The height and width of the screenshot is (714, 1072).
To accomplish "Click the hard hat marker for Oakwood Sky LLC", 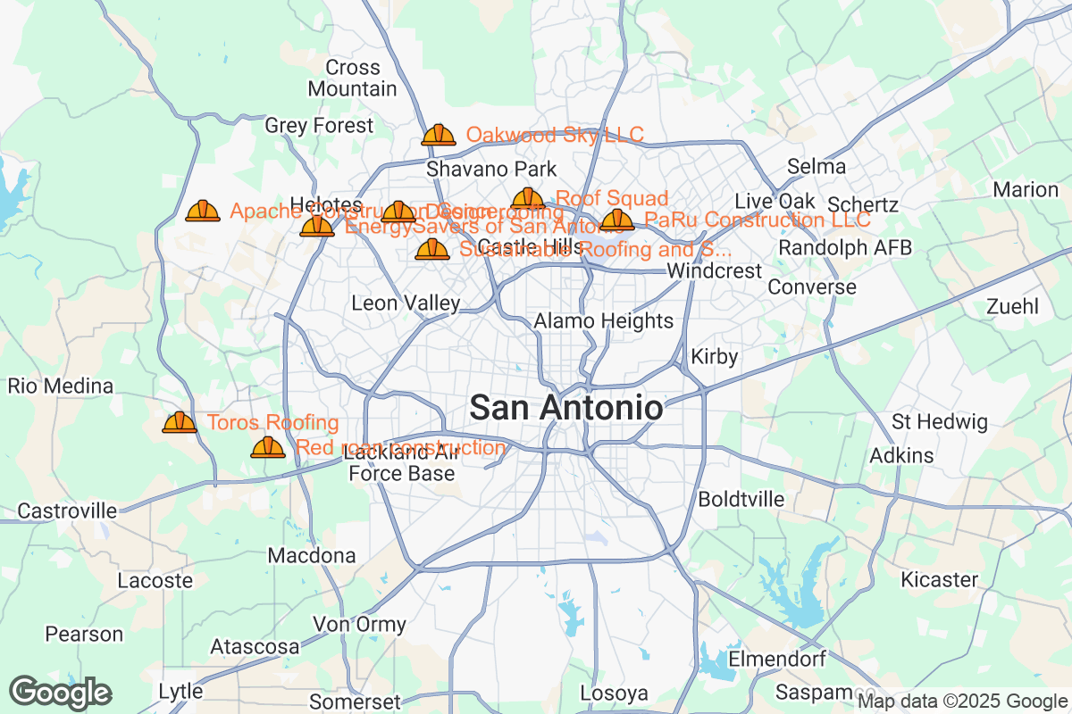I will click(438, 135).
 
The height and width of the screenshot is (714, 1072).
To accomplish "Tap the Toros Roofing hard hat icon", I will click(180, 422).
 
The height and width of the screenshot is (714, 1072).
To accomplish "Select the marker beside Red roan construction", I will click(268, 447).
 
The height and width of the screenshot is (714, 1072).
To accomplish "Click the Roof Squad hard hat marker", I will click(528, 199).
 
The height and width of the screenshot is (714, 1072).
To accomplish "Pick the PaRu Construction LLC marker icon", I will click(617, 220).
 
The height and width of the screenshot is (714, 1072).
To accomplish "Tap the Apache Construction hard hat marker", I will click(203, 212).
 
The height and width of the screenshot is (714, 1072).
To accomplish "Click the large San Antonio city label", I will click(566, 408).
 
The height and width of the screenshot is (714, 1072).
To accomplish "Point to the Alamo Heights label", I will click(603, 320).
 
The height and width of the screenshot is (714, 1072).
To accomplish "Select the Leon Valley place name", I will click(406, 303).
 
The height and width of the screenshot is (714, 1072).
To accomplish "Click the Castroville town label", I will click(67, 511).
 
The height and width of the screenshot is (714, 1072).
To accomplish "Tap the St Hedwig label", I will click(940, 421).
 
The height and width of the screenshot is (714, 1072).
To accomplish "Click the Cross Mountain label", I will click(352, 79).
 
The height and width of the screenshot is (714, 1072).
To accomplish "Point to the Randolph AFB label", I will click(845, 248).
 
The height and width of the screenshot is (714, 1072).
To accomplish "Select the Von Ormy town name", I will click(359, 624).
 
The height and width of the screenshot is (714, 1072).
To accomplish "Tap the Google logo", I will click(61, 693).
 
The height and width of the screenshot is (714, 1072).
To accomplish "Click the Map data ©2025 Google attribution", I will click(962, 702).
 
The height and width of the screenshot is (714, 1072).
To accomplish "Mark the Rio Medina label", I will click(61, 386).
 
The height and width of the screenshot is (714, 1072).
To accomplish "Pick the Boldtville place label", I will click(741, 499).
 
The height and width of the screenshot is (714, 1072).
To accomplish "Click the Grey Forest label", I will click(319, 126).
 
